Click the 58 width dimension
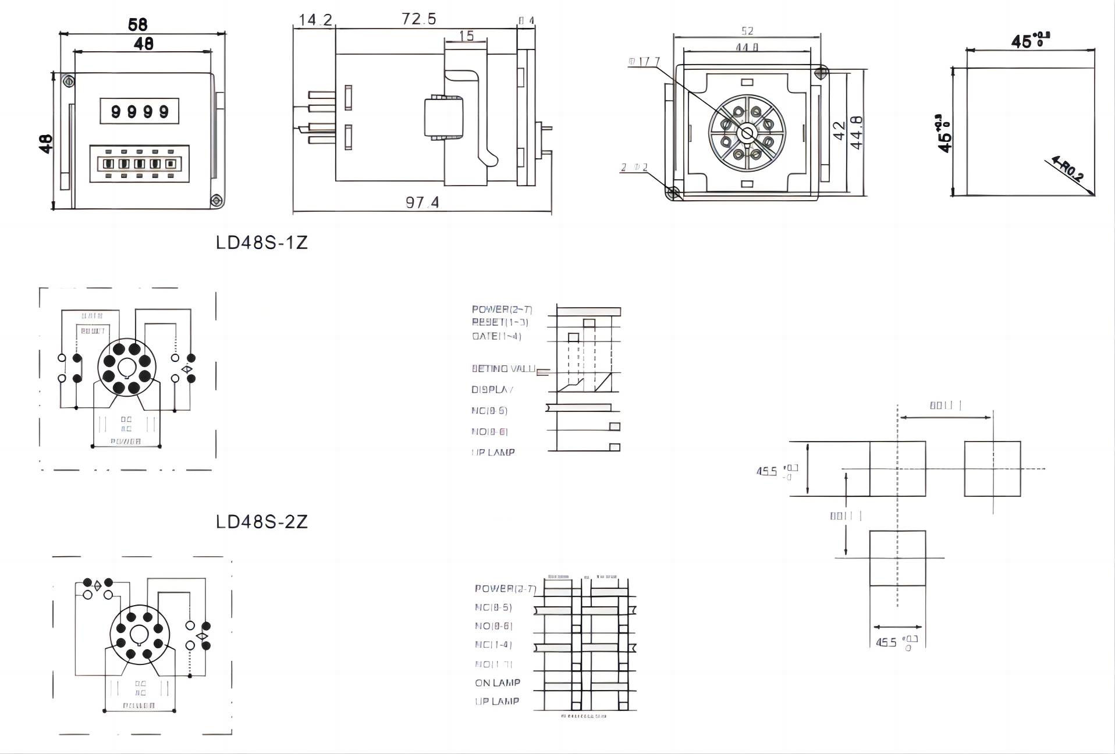(x=138, y=24)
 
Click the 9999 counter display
(x=140, y=111)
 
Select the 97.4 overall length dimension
(x=422, y=202)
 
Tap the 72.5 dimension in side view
(x=419, y=19)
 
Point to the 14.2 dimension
(x=315, y=20)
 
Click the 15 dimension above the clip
(x=467, y=36)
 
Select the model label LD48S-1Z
(x=261, y=243)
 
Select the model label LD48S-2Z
(x=261, y=522)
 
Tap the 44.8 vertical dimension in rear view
(x=857, y=133)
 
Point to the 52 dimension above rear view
(x=747, y=31)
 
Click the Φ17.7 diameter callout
(x=644, y=62)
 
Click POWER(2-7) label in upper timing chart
(x=502, y=310)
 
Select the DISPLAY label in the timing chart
(x=492, y=390)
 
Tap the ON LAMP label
(x=498, y=682)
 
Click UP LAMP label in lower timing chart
(x=497, y=702)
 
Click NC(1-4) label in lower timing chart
(x=493, y=645)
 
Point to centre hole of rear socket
(x=747, y=134)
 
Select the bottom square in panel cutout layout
(x=897, y=558)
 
